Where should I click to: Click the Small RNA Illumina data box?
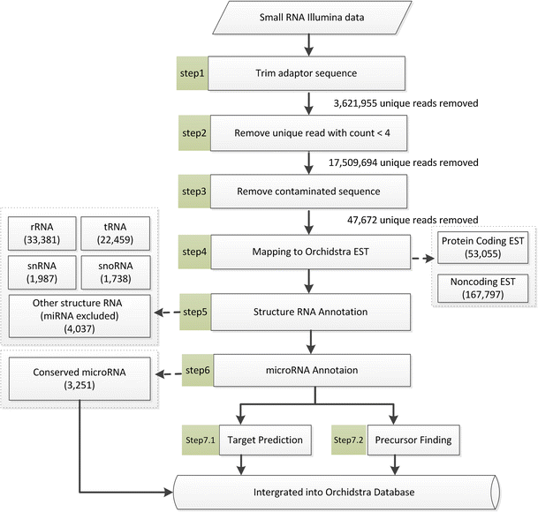308,19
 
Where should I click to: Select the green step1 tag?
193,72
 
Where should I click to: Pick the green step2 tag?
193,132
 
